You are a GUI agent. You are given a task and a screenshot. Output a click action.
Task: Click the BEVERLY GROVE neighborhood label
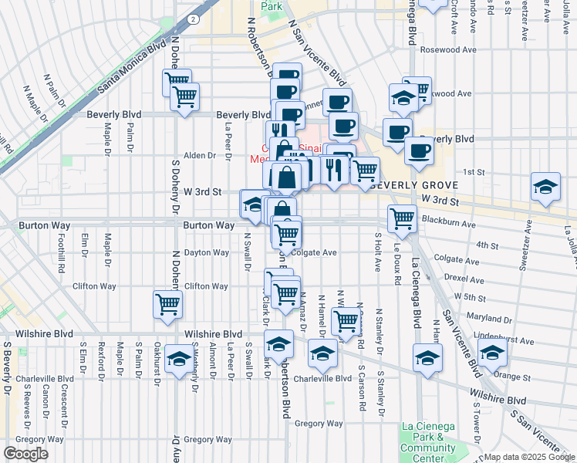(416, 185)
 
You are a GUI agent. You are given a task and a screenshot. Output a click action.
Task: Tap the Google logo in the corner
(25, 454)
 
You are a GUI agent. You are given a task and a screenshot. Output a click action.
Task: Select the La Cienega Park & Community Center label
(429, 438)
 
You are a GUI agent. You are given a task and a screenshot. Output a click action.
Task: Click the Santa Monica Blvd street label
(132, 68)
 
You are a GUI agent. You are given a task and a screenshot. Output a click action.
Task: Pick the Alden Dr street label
(200, 155)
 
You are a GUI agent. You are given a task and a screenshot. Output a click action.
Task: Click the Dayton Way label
(206, 252)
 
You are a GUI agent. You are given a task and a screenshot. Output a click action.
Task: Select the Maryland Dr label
(484, 317)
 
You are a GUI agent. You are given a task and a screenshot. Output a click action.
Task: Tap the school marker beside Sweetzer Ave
(545, 187)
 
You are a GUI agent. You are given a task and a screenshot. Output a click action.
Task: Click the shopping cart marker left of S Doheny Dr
(167, 303)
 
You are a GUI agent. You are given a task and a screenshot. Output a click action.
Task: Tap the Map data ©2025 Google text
(529, 457)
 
